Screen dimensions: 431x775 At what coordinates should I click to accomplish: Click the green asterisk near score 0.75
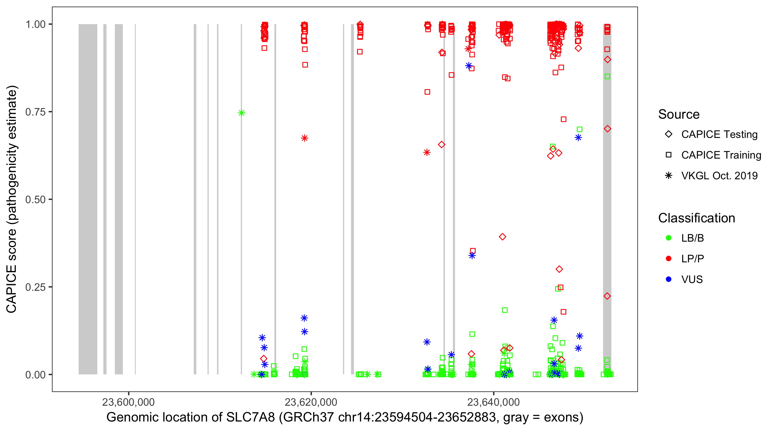[x=241, y=113]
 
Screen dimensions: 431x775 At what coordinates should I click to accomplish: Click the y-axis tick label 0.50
[x=35, y=199]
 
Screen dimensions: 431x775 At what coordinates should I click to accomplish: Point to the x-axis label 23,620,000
[x=311, y=402]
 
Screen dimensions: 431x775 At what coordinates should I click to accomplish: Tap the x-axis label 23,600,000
[x=129, y=402]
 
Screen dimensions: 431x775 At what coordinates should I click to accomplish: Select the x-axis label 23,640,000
[x=493, y=402]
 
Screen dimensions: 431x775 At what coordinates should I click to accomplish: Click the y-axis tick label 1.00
[x=35, y=24]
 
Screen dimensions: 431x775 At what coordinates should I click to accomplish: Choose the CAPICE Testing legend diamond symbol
[x=669, y=134]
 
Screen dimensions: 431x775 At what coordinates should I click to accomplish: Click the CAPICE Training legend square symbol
[x=669, y=155]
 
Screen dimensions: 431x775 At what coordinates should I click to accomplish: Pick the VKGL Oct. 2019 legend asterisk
[x=669, y=176]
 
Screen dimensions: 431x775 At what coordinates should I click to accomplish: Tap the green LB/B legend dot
[x=669, y=238]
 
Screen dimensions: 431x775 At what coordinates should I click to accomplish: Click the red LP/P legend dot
[x=669, y=259]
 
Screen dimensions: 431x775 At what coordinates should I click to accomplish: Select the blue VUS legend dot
[x=669, y=279]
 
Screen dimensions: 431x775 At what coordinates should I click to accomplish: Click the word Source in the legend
[x=679, y=114]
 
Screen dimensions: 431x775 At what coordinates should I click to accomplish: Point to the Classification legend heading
[x=696, y=218]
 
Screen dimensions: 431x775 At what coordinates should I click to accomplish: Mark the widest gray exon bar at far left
[x=88, y=199]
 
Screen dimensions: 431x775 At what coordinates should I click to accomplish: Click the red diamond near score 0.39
[x=502, y=237]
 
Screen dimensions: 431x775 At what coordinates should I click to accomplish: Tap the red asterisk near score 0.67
[x=305, y=138]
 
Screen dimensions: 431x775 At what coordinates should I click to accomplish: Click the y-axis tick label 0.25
[x=35, y=287]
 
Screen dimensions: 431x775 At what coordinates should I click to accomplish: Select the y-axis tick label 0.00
[x=35, y=375]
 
